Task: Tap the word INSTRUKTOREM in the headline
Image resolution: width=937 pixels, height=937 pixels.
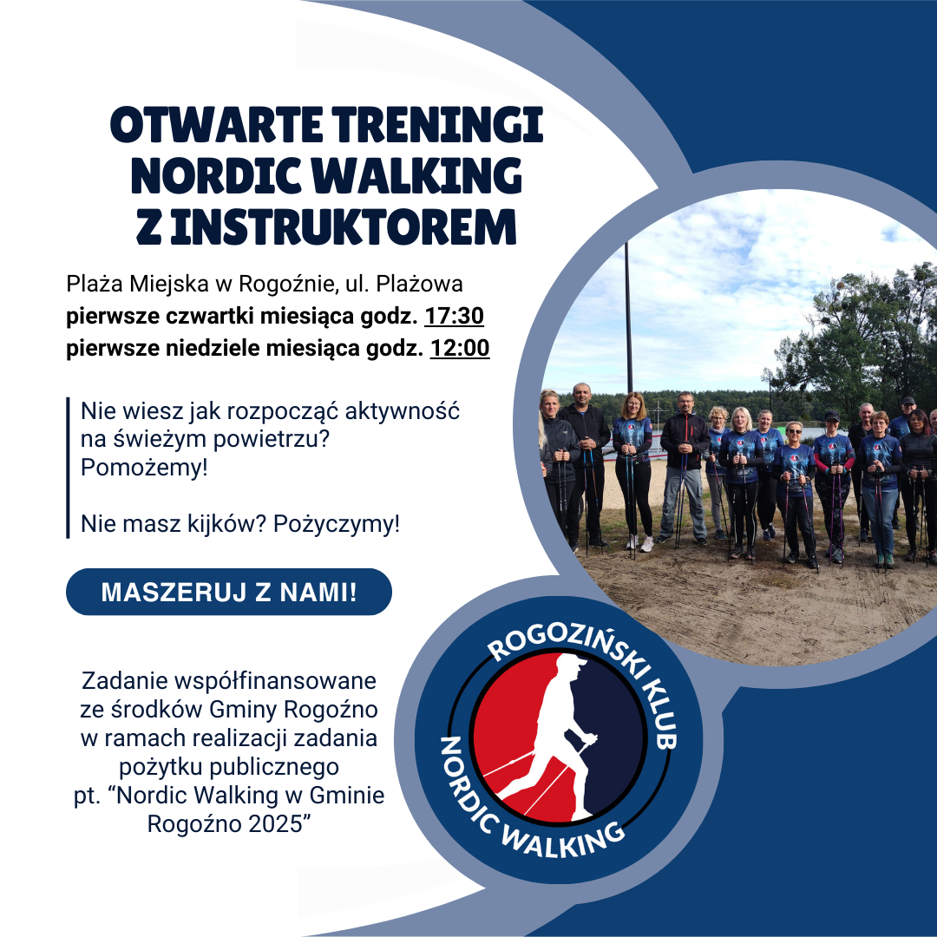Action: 343,227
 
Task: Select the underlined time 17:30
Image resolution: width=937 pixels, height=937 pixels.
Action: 454,316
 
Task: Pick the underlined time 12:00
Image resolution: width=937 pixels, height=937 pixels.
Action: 460,348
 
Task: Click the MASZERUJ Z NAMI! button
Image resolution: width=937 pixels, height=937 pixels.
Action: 229,592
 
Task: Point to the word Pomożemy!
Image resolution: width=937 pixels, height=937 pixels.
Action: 144,468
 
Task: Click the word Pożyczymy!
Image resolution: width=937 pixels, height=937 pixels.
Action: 337,524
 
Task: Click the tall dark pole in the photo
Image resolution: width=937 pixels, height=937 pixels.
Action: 628,318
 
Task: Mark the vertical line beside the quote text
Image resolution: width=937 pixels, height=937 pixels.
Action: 69,468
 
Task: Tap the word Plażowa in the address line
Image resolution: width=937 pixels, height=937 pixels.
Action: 419,284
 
